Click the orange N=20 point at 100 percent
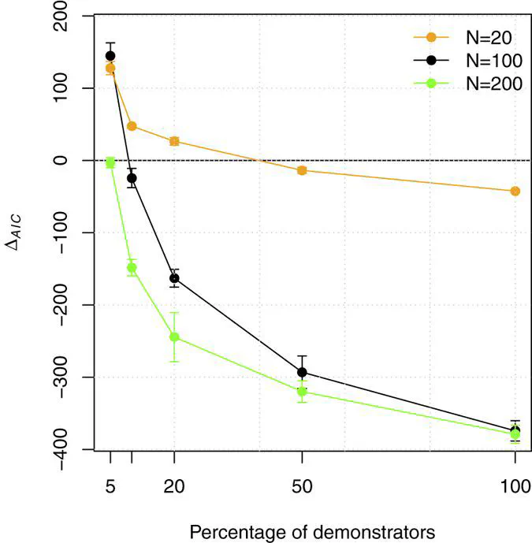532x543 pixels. pyautogui.click(x=515, y=191)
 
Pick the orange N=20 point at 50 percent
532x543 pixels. pyautogui.click(x=302, y=170)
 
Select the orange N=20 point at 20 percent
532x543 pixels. pyautogui.click(x=174, y=141)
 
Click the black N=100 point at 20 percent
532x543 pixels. pyautogui.click(x=174, y=278)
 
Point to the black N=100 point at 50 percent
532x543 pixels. pyautogui.click(x=302, y=372)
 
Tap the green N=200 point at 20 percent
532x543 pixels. pyautogui.click(x=174, y=337)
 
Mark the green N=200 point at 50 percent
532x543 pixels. pyautogui.click(x=302, y=392)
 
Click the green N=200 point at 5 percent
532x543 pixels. pyautogui.click(x=110, y=162)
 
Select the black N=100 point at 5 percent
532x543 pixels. pyautogui.click(x=110, y=56)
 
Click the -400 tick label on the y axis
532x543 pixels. pyautogui.click(x=71, y=449)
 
